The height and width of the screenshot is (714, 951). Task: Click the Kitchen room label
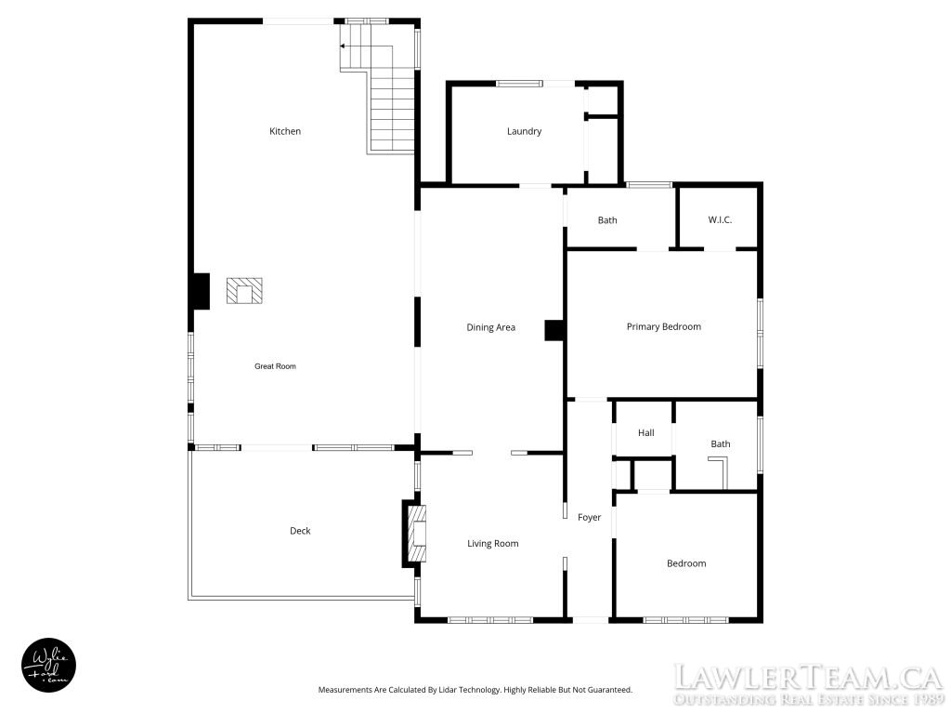click(285, 131)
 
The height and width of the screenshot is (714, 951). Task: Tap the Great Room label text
click(275, 366)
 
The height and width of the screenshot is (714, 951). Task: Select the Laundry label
click(524, 131)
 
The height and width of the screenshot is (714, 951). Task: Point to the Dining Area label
click(490, 327)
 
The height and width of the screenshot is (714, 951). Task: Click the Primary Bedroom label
click(663, 326)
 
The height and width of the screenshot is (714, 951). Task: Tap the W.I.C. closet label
click(720, 219)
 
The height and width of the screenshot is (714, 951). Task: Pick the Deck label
click(300, 531)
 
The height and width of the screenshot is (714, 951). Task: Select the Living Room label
click(492, 543)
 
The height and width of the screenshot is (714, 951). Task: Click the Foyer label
click(589, 517)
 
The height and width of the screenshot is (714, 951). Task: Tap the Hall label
click(646, 433)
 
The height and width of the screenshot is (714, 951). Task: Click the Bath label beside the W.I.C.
click(607, 220)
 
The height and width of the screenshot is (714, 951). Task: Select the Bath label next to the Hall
click(721, 443)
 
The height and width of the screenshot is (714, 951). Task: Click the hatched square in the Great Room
click(244, 291)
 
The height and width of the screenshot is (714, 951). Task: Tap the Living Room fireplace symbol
click(416, 533)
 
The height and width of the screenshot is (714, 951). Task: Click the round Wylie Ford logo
click(49, 665)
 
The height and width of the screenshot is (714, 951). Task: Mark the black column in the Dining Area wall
click(554, 330)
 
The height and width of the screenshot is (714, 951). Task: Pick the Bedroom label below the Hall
click(686, 563)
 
